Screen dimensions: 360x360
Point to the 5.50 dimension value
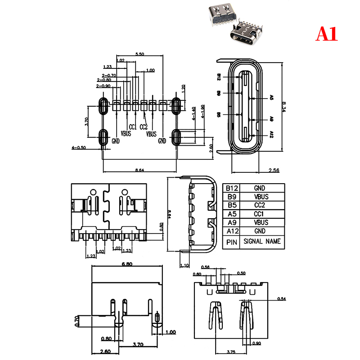tap(139, 54)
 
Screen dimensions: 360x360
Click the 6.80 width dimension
tap(126, 265)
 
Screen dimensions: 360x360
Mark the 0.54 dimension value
tap(282, 299)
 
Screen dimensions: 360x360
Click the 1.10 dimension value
tap(185, 265)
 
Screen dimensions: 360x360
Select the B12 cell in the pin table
tap(232, 188)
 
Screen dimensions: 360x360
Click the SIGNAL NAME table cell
tap(261, 242)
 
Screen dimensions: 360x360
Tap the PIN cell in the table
tap(232, 242)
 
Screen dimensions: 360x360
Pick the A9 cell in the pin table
tap(232, 222)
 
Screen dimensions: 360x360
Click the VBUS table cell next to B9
tap(261, 197)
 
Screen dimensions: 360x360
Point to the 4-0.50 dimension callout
tap(79, 147)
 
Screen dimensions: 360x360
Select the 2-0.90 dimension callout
tap(103, 85)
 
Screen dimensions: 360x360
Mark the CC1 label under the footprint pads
tap(132, 126)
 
